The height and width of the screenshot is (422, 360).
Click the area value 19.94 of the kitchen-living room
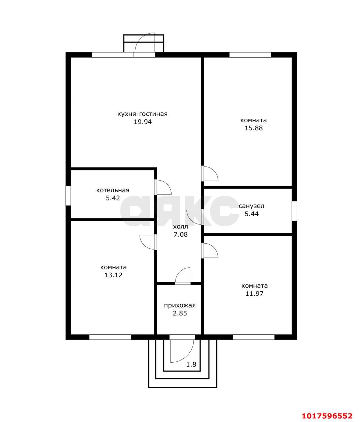(143, 122)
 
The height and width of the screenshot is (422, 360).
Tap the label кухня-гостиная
(143, 114)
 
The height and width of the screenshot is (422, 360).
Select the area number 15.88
(254, 128)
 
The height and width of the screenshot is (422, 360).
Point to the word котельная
(113, 190)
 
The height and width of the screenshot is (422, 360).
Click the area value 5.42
(113, 198)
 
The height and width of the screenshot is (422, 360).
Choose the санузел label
(251, 206)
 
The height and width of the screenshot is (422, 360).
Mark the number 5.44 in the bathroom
(251, 214)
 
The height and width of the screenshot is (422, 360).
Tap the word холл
(180, 226)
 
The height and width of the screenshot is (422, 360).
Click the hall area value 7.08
(180, 234)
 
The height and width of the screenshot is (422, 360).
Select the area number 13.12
(114, 275)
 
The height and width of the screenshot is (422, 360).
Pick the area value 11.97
(254, 293)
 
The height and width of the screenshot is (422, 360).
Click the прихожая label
(180, 305)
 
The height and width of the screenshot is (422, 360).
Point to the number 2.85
(180, 313)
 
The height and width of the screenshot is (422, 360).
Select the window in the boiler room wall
(68, 196)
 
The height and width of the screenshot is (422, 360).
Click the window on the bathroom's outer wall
(294, 211)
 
